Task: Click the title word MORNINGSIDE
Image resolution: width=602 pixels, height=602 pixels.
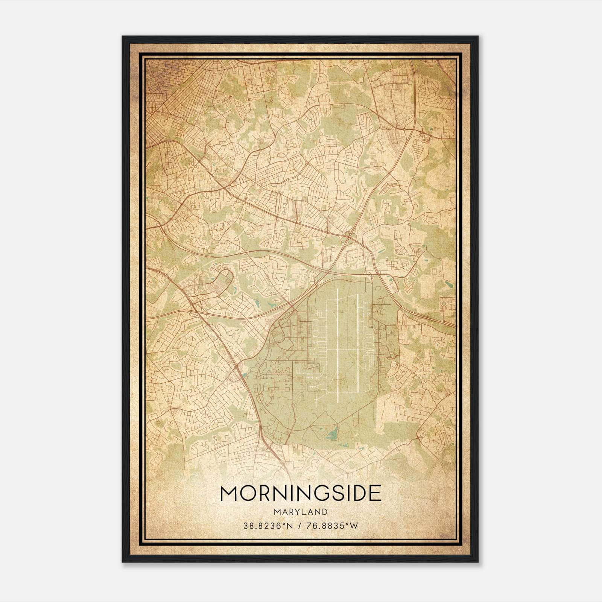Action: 301,494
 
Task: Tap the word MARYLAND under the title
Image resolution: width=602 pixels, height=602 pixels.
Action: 301,512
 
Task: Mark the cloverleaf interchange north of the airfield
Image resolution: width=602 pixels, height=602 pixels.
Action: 350,237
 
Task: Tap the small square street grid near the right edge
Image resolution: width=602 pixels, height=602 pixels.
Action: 447,304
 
